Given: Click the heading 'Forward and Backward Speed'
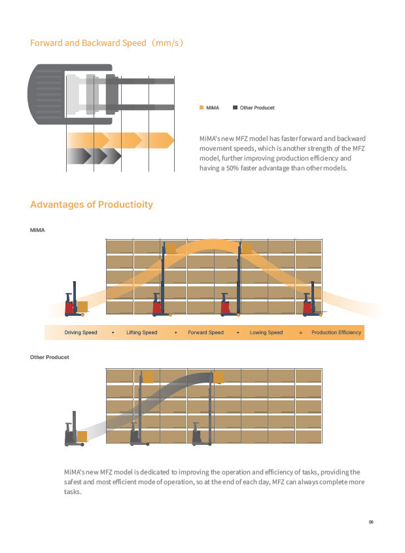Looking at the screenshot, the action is (88, 43).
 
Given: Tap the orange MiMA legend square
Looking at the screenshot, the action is (202, 107).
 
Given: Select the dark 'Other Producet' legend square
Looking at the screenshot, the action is (235, 107).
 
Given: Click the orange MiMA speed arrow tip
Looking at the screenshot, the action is (173, 140).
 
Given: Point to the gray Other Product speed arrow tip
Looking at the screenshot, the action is (121, 156).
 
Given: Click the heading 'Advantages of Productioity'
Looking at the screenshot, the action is (92, 204).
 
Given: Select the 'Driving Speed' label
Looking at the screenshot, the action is (80, 332).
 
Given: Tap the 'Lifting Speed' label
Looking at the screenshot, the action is (141, 332).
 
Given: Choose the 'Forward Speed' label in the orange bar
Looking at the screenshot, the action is (205, 332).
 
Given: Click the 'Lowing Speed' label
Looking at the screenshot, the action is (266, 332).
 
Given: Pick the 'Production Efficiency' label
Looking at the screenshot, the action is (336, 332).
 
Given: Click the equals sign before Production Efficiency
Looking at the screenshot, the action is (300, 333).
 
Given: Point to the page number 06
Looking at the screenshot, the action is (371, 522).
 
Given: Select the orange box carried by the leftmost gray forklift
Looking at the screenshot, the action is (82, 436).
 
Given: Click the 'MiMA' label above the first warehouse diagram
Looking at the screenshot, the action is (37, 230).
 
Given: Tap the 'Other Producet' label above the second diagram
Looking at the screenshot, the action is (50, 357).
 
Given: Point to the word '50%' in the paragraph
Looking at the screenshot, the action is (232, 168).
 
